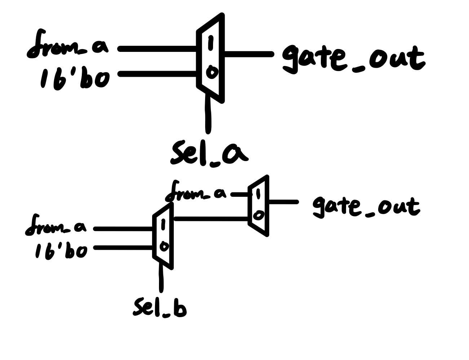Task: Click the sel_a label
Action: click(209, 153)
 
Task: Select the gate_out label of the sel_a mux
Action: click(353, 59)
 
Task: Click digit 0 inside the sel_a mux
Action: click(211, 73)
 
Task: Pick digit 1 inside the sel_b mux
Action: click(163, 225)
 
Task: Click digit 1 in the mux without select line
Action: click(258, 194)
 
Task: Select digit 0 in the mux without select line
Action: click(258, 215)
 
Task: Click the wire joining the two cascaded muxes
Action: click(211, 218)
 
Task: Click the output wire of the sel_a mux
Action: click(248, 54)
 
